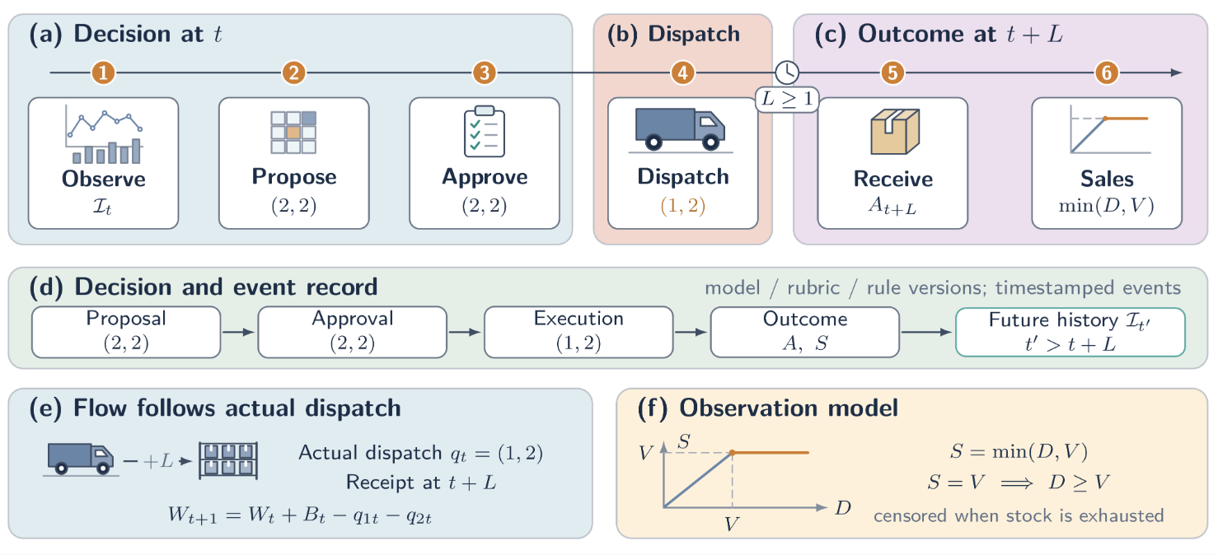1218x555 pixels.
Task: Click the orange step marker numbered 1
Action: (103, 72)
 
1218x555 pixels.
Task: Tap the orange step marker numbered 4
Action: (683, 72)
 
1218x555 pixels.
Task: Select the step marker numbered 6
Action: (1107, 72)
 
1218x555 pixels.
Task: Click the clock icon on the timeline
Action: (787, 72)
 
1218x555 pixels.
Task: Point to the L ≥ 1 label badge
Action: (787, 99)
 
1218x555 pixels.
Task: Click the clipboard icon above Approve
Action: (484, 132)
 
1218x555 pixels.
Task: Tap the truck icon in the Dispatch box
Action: (681, 129)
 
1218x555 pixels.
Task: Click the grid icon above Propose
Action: (293, 132)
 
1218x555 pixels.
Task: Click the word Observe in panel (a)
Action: (103, 179)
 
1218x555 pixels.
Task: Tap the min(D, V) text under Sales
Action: (1107, 206)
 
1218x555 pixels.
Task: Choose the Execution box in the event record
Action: (579, 332)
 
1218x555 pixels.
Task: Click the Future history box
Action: (1070, 332)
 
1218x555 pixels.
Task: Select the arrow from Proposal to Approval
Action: (239, 332)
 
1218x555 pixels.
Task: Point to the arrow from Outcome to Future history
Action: (926, 332)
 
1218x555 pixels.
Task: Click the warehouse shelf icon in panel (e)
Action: (228, 460)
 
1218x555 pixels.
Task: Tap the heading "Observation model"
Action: (789, 408)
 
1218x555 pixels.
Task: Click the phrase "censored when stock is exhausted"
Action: (1019, 515)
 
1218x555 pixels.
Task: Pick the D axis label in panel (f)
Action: (843, 508)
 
